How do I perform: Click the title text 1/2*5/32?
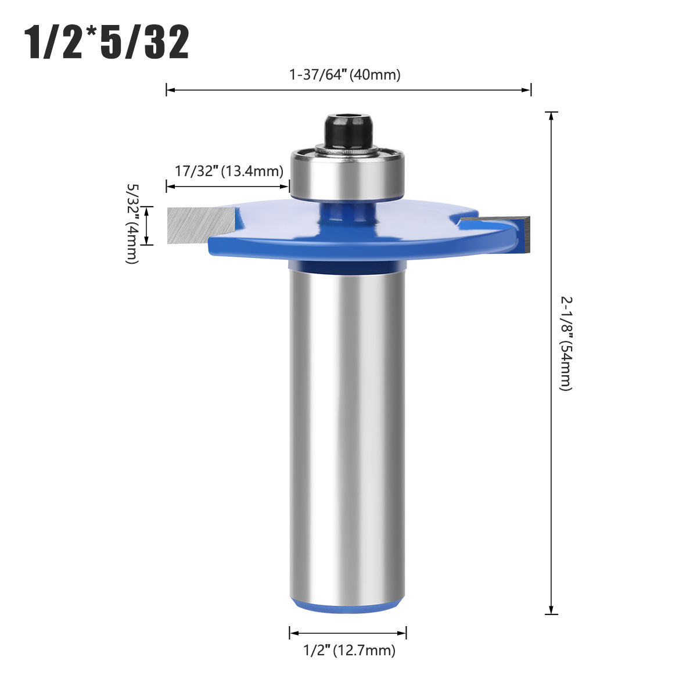tap(107, 42)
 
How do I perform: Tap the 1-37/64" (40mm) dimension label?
tap(344, 75)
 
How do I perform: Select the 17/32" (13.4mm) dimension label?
tap(229, 171)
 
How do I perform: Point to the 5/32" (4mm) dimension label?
tap(132, 224)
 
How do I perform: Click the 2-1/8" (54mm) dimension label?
tap(566, 344)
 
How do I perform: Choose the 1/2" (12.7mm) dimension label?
tap(350, 651)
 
